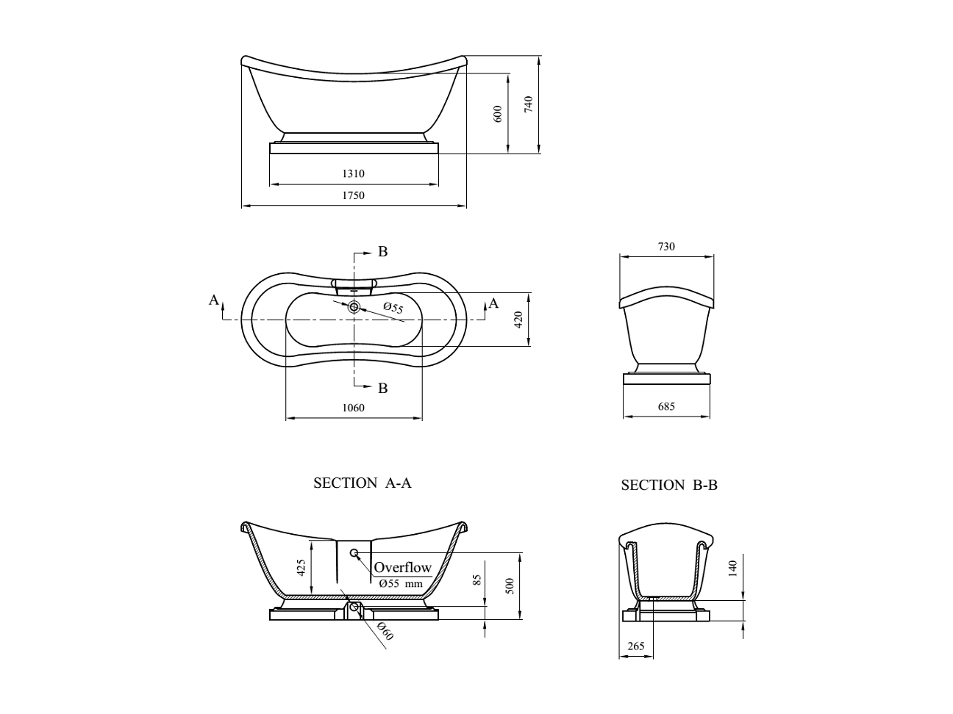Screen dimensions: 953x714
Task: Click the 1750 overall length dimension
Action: (353, 195)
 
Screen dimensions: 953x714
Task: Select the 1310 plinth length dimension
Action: (353, 174)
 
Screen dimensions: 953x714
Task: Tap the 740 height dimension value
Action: (528, 104)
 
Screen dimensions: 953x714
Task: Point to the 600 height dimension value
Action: (498, 114)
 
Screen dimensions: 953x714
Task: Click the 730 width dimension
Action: (666, 247)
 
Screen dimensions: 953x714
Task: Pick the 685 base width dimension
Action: (666, 407)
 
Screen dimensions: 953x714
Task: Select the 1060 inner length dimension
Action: (353, 408)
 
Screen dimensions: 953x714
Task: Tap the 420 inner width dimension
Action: (518, 320)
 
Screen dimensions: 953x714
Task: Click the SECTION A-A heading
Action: (362, 483)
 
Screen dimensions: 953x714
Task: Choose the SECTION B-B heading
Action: (669, 485)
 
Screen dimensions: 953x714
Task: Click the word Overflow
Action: (402, 568)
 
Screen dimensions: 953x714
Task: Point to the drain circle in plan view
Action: (354, 307)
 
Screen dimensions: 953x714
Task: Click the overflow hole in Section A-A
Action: (354, 552)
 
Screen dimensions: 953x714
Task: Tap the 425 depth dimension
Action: (301, 568)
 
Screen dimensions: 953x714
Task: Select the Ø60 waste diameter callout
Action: (385, 631)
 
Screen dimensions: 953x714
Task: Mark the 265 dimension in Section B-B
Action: (635, 646)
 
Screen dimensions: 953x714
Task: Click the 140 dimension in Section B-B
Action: (732, 569)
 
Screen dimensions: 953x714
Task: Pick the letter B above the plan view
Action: (382, 251)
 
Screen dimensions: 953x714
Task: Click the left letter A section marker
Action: (213, 300)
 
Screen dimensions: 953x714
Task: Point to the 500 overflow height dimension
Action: (510, 586)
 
